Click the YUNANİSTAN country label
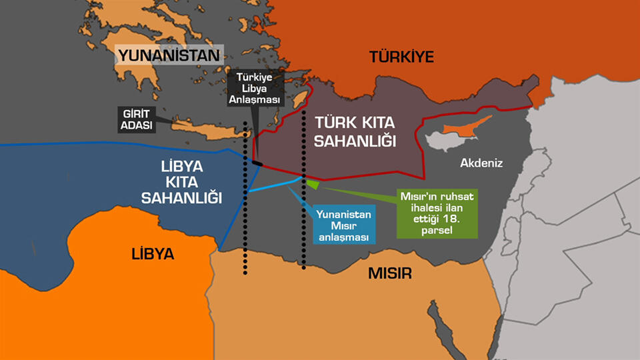pyautogui.click(x=168, y=55)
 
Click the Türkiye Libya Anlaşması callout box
pyautogui.click(x=257, y=89)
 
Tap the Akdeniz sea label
pyautogui.click(x=481, y=163)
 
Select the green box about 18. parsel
pyautogui.click(x=437, y=213)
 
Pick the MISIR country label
pyautogui.click(x=389, y=273)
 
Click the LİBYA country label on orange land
pyautogui.click(x=152, y=254)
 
